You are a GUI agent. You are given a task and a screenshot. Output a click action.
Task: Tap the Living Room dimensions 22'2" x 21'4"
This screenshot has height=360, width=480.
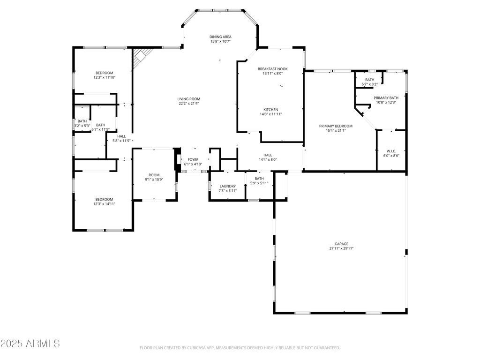point(189,104)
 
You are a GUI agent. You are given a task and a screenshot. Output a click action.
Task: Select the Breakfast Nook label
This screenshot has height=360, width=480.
point(272,69)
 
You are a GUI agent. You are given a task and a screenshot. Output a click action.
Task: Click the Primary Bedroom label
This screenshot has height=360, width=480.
point(336,126)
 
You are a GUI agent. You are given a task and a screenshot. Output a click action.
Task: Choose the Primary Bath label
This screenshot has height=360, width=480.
point(386,97)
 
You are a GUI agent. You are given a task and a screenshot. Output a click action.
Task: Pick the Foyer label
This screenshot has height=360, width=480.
point(193,159)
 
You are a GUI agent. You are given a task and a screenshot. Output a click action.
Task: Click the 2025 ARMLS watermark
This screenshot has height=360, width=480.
point(30,343)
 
